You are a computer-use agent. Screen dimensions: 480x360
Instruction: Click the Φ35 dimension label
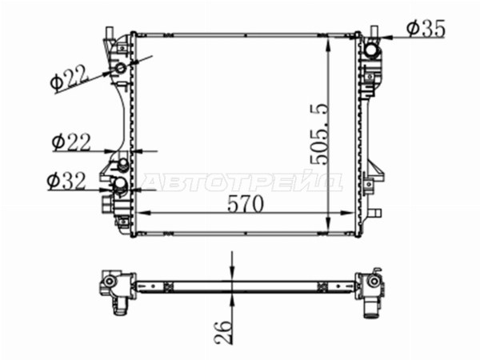coord(426,29)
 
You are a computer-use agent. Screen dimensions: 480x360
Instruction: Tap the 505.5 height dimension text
coord(319,134)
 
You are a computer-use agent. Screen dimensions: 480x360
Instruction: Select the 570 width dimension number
coord(246,204)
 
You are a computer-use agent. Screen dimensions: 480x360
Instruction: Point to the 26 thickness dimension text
coord(222,332)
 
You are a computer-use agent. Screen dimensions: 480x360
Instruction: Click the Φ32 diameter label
coord(66,181)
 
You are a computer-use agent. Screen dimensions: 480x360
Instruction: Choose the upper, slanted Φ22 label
coord(70,78)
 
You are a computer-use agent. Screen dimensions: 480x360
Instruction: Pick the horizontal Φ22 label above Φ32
coord(71,142)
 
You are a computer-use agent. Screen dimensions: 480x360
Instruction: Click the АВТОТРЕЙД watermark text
coord(242,182)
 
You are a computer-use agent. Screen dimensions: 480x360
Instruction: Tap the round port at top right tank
coord(371,50)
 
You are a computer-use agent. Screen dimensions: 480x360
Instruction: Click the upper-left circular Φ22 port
coord(120,68)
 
